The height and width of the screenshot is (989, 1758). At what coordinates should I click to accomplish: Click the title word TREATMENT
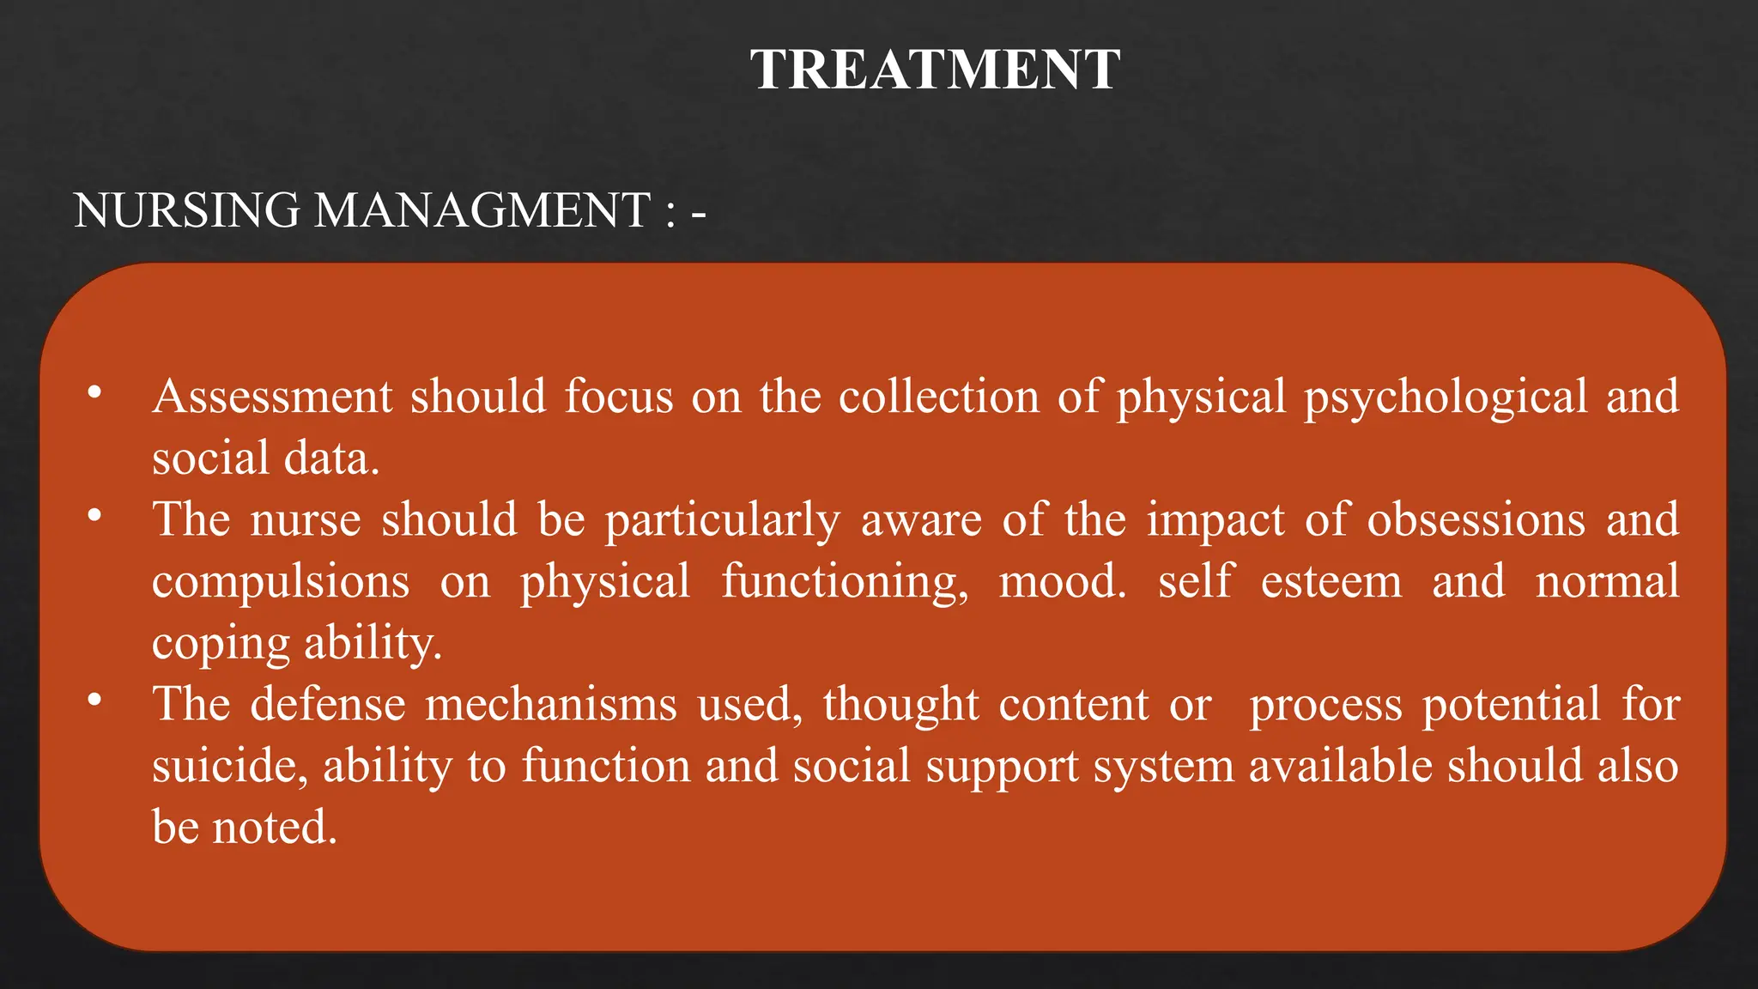pos(935,70)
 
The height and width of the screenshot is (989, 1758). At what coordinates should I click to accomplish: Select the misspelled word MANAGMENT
pos(482,210)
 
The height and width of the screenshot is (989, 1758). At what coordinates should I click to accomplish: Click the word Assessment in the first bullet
pos(272,397)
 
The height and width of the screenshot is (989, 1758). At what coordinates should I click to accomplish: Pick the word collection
pos(938,397)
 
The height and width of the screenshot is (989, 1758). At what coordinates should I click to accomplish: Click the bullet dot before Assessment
pos(94,393)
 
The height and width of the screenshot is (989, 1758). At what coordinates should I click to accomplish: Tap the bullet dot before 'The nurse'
pos(94,516)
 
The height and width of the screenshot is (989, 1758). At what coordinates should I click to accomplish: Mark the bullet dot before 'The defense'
pos(94,701)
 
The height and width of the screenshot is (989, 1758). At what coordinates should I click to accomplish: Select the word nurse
pos(306,520)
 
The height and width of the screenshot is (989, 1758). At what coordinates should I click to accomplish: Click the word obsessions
pos(1476,520)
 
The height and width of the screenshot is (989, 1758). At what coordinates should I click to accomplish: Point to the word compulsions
pos(281,582)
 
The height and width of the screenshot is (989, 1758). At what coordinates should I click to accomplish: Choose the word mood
pos(1061,582)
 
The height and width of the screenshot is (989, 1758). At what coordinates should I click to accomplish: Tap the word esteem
pos(1331,582)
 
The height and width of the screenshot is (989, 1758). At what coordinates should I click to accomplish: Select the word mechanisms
pos(550,705)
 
